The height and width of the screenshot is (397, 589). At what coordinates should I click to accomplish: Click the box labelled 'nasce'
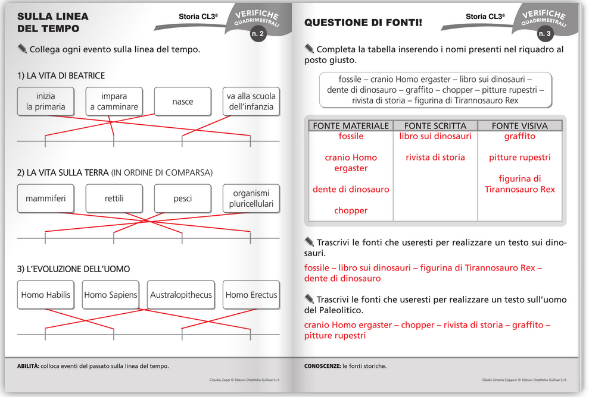(182, 102)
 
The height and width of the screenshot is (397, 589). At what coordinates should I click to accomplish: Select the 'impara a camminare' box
(114, 102)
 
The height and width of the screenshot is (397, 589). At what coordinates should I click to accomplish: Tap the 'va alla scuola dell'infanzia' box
(251, 102)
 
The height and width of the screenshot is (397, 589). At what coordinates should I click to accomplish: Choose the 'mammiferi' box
(46, 198)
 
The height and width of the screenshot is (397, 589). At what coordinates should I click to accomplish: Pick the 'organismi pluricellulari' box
(251, 198)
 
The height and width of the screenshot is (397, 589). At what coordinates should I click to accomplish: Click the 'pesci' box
(182, 198)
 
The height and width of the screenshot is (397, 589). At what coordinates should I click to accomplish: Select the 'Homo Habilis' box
(46, 295)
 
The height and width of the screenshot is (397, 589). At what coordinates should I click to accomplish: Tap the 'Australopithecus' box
(181, 295)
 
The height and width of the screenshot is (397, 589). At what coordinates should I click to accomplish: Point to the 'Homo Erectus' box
(251, 295)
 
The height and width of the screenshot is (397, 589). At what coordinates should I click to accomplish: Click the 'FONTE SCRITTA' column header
(435, 126)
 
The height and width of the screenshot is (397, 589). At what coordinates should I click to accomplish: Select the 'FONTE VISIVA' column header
(519, 126)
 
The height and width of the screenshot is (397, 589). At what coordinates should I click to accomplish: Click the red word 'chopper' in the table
(351, 210)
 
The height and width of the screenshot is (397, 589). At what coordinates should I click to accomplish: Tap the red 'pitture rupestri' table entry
(519, 157)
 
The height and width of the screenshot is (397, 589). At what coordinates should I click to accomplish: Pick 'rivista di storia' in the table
(435, 157)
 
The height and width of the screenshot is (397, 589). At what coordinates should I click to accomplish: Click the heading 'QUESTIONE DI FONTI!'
(363, 23)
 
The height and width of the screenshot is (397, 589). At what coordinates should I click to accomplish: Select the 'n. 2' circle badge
(258, 34)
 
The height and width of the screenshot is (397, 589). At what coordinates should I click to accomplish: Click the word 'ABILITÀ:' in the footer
(28, 366)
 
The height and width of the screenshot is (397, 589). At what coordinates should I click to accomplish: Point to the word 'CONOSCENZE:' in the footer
(322, 366)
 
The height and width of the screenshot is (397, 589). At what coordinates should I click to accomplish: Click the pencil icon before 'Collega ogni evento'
(23, 48)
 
